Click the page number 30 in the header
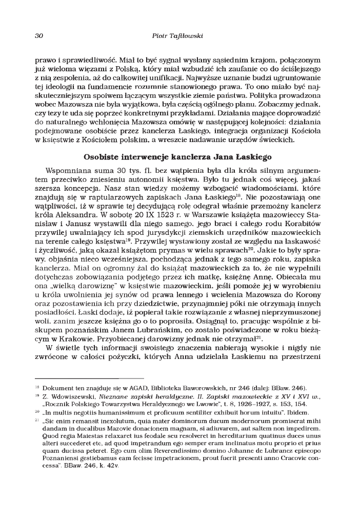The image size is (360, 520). [x=38, y=36]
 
